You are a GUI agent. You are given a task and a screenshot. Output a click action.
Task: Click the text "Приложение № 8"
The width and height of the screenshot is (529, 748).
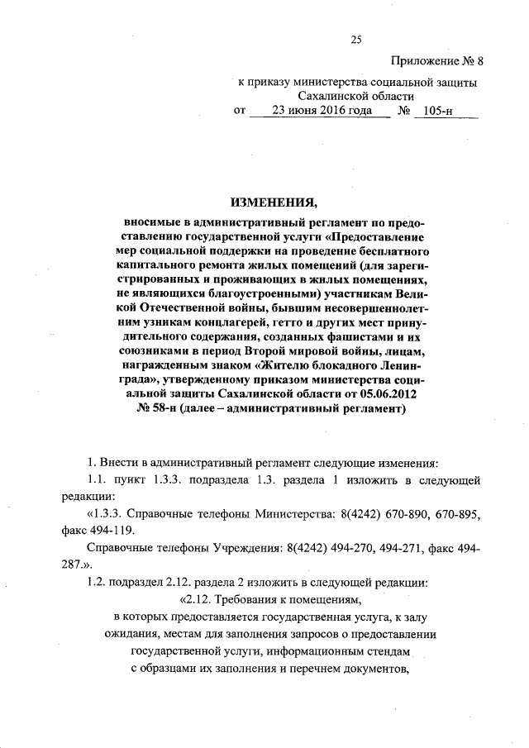pyautogui.click(x=436, y=61)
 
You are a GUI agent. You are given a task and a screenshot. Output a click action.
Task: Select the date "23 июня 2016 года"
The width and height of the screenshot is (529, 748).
pyautogui.click(x=317, y=110)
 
